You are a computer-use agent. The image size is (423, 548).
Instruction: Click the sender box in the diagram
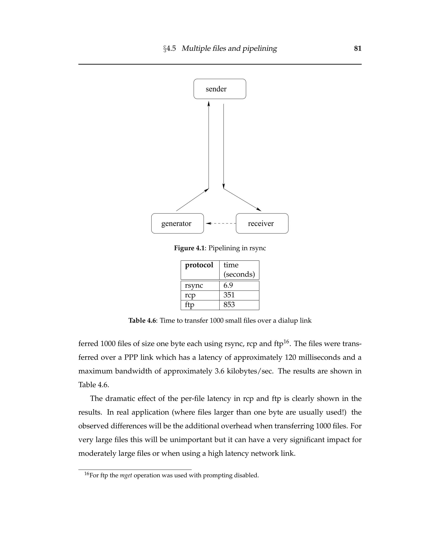tap(220, 89)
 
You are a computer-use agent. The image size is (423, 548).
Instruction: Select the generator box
tap(177, 223)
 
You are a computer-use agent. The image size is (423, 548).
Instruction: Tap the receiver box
tap(262, 223)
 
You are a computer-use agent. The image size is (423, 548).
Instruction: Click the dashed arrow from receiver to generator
tap(221, 223)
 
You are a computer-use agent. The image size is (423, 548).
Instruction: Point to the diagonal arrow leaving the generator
tap(192, 200)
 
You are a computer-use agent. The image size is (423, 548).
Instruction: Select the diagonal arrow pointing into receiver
tap(242, 200)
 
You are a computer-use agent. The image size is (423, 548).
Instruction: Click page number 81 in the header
tap(358, 48)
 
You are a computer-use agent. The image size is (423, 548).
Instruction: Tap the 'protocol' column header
tap(199, 265)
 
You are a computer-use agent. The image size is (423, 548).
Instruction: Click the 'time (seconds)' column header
tap(239, 270)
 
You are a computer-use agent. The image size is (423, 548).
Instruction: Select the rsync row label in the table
tap(194, 286)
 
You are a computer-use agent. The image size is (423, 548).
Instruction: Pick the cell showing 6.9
tap(228, 286)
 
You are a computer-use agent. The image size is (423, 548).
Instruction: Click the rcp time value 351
tap(229, 295)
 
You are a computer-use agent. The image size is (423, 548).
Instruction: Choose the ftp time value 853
tap(229, 305)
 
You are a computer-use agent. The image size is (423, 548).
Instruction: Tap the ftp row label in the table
tap(189, 305)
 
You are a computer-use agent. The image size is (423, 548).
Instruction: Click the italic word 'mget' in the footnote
tap(126, 475)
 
